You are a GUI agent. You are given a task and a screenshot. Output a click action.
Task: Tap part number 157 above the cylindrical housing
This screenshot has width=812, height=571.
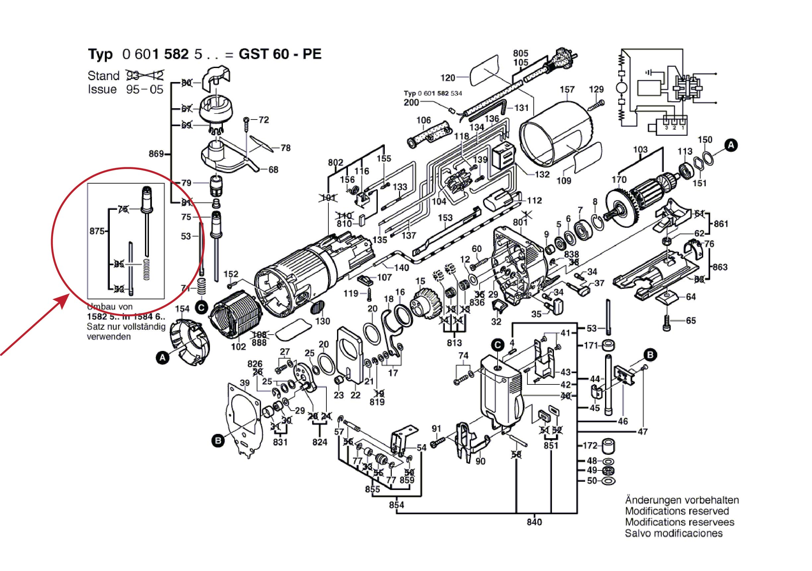tap(567, 90)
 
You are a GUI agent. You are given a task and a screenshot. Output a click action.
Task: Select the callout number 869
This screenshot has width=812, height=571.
tap(156, 154)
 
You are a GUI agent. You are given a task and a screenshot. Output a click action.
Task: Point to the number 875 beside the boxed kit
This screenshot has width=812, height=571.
tap(97, 231)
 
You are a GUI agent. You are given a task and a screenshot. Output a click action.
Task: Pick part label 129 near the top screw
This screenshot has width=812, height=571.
tap(596, 90)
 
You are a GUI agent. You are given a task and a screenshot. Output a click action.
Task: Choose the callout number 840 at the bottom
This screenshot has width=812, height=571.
tap(534, 522)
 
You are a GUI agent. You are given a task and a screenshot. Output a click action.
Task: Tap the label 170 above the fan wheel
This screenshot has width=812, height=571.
tap(619, 180)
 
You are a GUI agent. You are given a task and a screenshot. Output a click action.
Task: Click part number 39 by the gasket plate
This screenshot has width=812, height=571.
tap(244, 383)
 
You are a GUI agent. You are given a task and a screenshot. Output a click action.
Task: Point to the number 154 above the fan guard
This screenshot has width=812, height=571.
tap(182, 309)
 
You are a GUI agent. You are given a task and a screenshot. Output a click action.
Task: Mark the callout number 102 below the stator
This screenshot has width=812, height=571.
tap(238, 347)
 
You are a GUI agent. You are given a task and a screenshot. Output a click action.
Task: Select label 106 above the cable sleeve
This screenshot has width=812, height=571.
tap(423, 121)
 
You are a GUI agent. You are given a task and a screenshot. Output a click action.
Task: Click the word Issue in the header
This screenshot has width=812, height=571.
tap(102, 89)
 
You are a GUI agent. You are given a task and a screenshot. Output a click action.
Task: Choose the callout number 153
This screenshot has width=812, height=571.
tap(445, 218)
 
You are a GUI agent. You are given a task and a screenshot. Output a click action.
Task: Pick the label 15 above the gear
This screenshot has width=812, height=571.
tap(420, 282)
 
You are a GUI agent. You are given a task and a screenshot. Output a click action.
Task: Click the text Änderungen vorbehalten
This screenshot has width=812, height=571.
tap(682, 500)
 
